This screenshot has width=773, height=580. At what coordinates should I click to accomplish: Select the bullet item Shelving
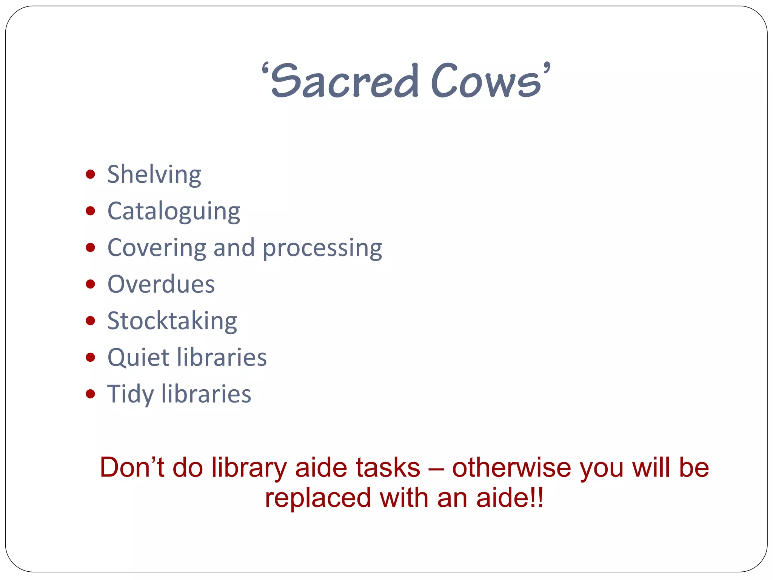154,175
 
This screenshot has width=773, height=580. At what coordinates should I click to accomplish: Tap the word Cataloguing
174,211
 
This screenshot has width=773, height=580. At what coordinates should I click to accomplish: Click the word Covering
157,248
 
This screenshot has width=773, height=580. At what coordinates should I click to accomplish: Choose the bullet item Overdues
161,284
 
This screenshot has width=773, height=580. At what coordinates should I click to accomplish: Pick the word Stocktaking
172,321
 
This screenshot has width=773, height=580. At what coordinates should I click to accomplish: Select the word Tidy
130,394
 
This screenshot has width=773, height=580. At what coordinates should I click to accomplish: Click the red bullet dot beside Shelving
90,174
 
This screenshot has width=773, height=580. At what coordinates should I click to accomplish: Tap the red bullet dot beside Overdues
90,284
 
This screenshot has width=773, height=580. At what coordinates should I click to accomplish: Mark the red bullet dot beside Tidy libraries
90,394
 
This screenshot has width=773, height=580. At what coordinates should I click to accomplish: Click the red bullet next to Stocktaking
90,321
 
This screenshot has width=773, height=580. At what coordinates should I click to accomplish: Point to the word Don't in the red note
132,468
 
